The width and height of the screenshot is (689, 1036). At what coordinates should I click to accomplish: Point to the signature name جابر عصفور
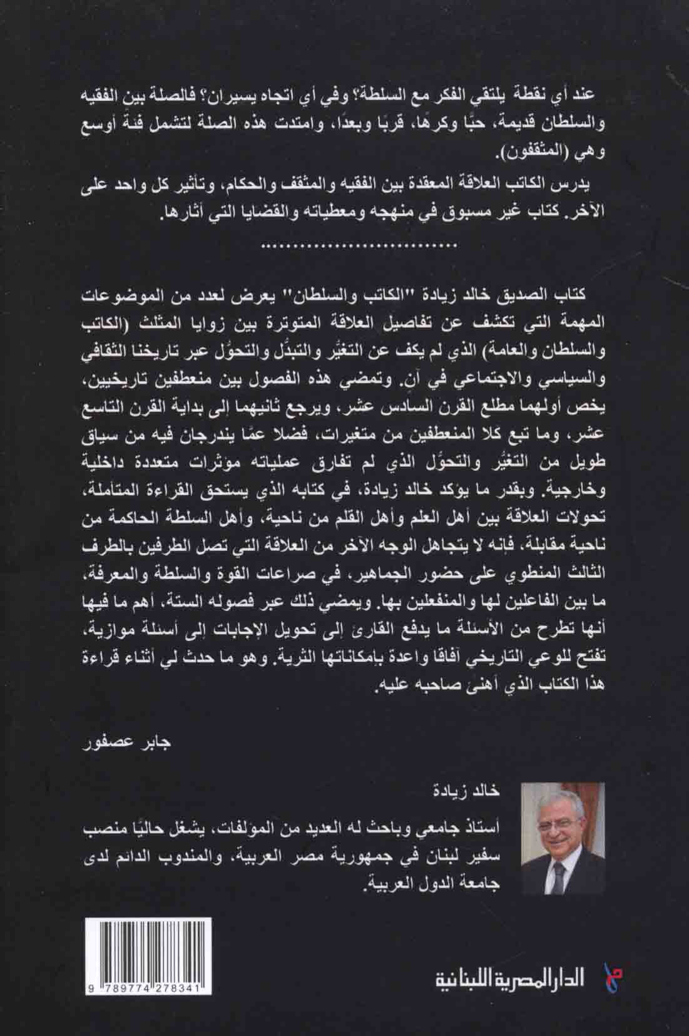coord(135,747)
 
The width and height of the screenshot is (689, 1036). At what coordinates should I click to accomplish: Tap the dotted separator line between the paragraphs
coord(345,247)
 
